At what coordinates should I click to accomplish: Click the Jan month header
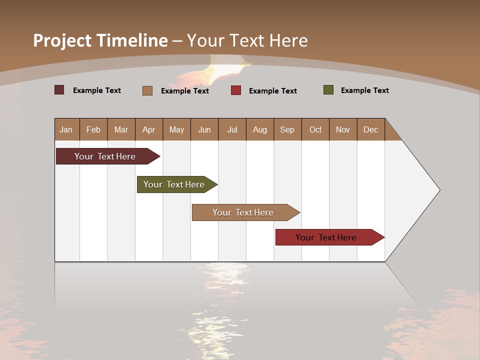pos(66,129)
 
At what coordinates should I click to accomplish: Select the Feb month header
pos(93,129)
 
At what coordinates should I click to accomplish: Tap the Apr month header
pos(148,129)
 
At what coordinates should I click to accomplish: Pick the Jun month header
pos(204,129)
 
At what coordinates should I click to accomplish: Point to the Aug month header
pos(259,129)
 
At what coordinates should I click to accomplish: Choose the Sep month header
pos(287,129)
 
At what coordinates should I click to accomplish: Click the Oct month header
pos(315,129)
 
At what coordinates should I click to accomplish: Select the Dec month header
pos(370,129)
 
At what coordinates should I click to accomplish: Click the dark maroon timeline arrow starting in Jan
pos(105,156)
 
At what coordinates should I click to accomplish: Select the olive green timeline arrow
pos(174,184)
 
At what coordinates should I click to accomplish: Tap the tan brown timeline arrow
pos(243,212)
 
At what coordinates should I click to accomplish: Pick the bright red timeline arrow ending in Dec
pos(326,237)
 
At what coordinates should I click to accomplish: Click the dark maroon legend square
pos(59,90)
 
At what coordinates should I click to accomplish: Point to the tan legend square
pos(147,90)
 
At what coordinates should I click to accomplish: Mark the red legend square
pos(236,90)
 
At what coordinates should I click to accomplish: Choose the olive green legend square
pos(328,90)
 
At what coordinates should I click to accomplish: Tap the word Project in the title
pos(62,40)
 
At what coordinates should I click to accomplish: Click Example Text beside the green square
pos(364,90)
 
